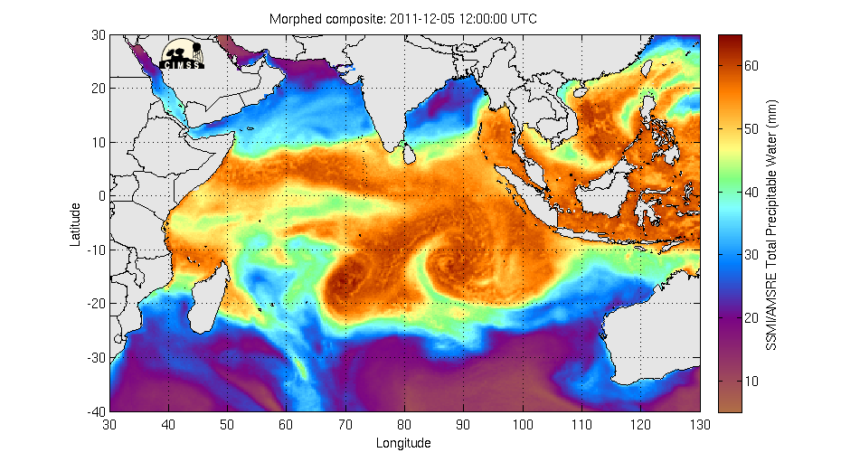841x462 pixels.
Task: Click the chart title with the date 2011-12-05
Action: [x=403, y=19]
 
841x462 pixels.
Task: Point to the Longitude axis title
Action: [x=403, y=443]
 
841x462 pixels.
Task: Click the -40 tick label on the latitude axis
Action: [x=94, y=411]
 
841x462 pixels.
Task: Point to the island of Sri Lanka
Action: [x=409, y=156]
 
